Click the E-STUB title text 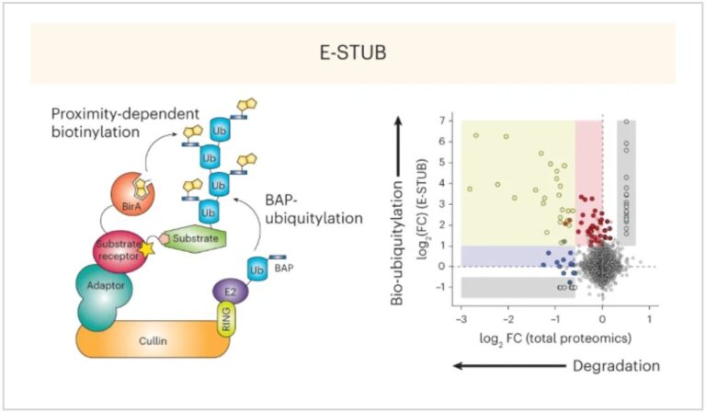tap(352, 53)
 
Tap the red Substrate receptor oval tap(117, 249)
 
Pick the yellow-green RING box tap(225, 321)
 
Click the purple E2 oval tap(226, 292)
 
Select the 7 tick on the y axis tap(442, 120)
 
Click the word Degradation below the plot tap(615, 366)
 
